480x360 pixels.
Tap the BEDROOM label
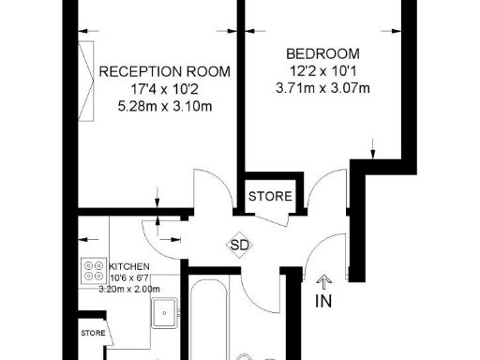coord(323,53)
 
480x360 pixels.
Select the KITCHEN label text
coord(128,266)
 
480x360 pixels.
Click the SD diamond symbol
coord(239,246)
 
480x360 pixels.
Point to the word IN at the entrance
coord(324,301)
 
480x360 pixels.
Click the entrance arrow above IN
coord(324,279)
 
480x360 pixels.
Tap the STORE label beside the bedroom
coord(270,197)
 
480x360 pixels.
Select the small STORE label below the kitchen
coord(92,332)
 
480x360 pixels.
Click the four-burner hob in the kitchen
coord(95,270)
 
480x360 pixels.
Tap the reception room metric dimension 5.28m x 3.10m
coord(165,108)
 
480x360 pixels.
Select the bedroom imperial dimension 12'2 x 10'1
coord(323,71)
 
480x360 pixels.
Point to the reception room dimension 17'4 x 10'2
coord(165,91)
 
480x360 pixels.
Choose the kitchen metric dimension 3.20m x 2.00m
coord(130,288)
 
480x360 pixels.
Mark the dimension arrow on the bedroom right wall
coord(374,147)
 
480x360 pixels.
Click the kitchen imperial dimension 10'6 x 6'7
coord(129,277)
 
